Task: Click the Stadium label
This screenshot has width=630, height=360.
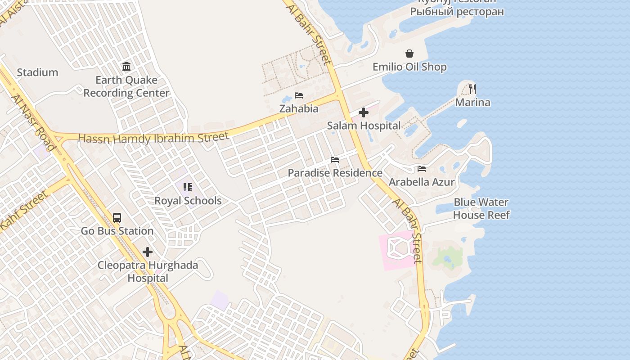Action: click(37, 72)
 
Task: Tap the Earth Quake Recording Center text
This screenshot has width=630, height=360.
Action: click(126, 86)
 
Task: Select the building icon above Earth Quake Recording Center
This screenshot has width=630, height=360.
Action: click(126, 67)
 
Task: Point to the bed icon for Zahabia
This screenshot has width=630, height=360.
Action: click(299, 95)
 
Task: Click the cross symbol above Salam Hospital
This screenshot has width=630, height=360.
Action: click(364, 112)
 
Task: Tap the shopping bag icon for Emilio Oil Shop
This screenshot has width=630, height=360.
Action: click(409, 54)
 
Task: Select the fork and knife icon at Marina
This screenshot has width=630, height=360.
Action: click(472, 89)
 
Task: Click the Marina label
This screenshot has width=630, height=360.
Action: click(472, 103)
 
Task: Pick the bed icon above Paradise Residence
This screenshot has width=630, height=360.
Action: click(335, 160)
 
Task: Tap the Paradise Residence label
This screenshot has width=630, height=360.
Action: click(335, 173)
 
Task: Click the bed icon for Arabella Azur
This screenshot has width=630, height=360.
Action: click(422, 169)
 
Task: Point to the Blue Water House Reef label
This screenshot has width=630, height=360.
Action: click(481, 208)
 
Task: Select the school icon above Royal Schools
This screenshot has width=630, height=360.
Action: click(188, 187)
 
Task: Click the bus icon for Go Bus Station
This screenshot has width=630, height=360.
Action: click(117, 218)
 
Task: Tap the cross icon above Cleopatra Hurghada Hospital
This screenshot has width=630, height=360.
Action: click(148, 252)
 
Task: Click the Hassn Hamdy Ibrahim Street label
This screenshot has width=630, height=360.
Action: click(153, 138)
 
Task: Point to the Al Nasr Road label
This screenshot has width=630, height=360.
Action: click(33, 122)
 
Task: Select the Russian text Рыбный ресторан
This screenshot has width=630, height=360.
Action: click(457, 12)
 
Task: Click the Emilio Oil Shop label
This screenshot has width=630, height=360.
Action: click(409, 67)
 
